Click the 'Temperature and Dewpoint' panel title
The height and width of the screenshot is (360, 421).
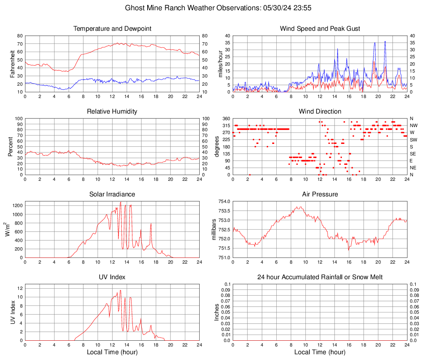(112, 29)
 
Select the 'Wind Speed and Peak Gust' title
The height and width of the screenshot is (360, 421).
(320, 29)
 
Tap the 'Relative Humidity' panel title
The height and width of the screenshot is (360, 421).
(112, 112)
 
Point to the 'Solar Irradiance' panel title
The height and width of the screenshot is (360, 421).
(112, 194)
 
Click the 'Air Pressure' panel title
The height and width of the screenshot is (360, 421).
(320, 194)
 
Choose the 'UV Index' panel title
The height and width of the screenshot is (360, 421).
(112, 277)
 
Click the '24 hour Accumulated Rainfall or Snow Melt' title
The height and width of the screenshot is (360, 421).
(320, 277)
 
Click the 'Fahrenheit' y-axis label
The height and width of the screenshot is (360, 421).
(12, 64)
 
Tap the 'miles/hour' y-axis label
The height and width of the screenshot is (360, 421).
(220, 64)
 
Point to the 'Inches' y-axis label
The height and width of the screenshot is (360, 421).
(217, 312)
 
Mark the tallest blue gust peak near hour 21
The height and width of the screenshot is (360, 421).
(385, 41)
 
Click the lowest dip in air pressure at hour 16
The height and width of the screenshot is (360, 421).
(348, 250)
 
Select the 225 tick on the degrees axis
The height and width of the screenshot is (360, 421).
(226, 140)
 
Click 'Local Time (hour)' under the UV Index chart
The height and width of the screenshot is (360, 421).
(112, 352)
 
